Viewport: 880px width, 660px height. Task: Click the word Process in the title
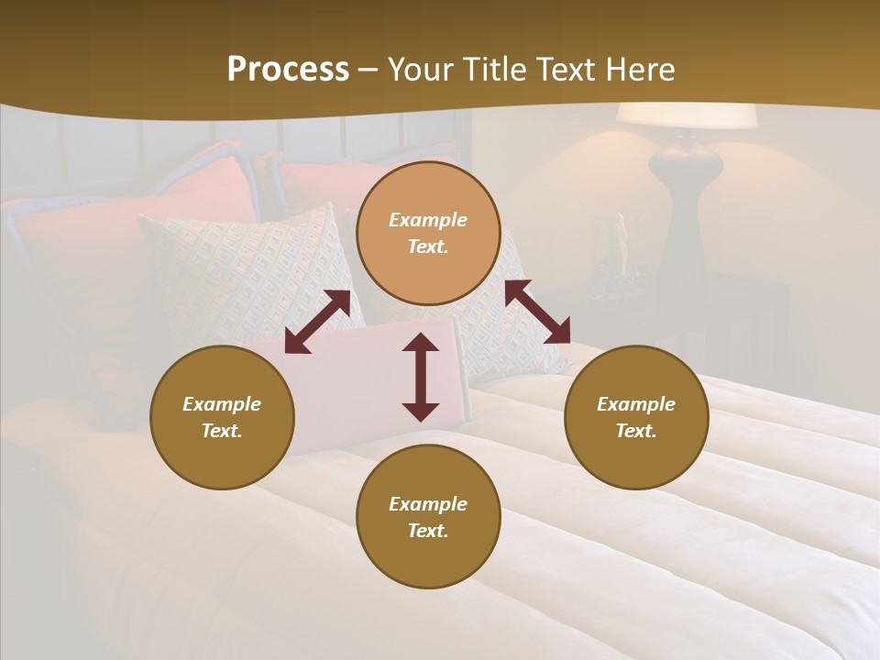tap(288, 70)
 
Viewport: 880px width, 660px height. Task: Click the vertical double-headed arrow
tap(421, 377)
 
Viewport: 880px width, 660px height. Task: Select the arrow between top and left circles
tap(317, 321)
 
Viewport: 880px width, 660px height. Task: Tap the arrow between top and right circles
tap(537, 312)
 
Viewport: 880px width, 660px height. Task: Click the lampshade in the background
tap(686, 116)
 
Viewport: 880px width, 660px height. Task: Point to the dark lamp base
tap(686, 183)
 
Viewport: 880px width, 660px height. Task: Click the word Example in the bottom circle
tap(428, 504)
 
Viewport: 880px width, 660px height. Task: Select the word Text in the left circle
tap(222, 431)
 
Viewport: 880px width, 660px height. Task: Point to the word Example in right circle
tap(636, 404)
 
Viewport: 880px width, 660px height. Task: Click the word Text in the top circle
tap(428, 247)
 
